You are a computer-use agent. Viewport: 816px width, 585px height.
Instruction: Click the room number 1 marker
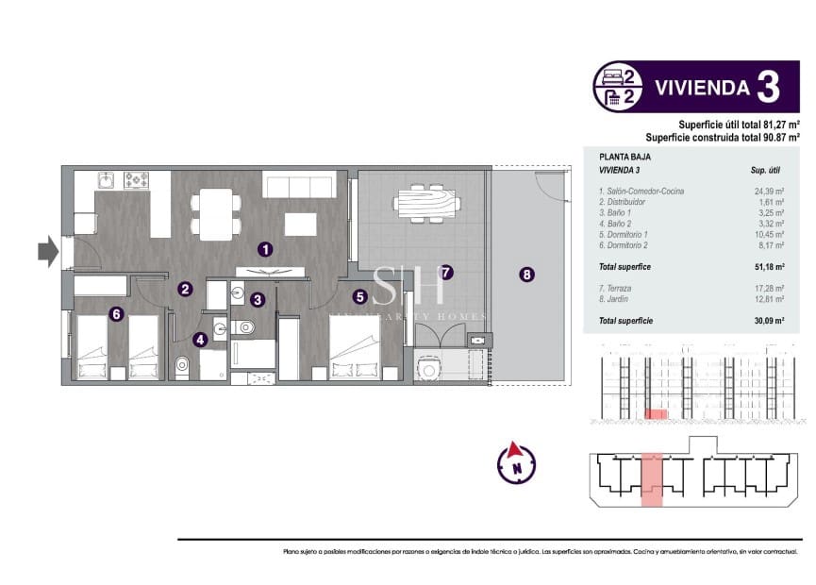(x=266, y=249)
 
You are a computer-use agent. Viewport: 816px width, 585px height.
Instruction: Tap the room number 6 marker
(x=116, y=315)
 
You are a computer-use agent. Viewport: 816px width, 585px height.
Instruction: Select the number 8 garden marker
(x=526, y=275)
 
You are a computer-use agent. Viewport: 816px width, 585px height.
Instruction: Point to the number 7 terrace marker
(x=446, y=272)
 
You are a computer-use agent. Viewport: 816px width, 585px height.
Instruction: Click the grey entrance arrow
(x=47, y=250)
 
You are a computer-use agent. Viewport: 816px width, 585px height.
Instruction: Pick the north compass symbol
(x=516, y=462)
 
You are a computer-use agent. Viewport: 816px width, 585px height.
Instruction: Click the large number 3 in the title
(x=768, y=87)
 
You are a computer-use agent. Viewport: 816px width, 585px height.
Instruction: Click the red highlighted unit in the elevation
(x=656, y=414)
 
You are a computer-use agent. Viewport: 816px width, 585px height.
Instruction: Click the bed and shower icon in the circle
(x=619, y=87)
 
